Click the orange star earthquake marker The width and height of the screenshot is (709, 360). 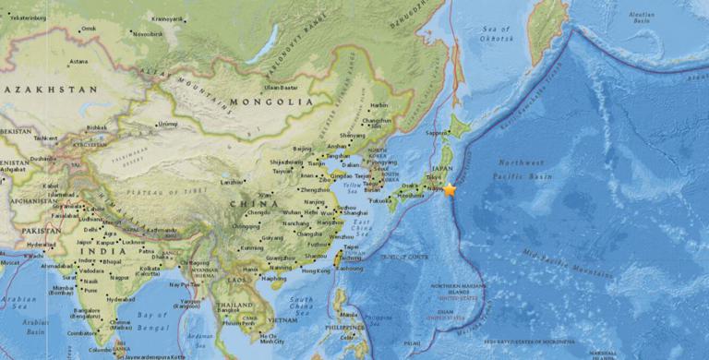(450, 189)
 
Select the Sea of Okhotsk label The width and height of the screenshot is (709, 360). (496, 34)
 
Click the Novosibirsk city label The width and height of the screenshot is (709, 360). (148, 34)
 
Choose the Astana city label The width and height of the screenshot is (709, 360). (78, 62)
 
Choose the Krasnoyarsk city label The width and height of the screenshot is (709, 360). (167, 18)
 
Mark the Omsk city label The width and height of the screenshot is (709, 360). (89, 29)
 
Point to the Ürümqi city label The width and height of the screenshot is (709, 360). (168, 124)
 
